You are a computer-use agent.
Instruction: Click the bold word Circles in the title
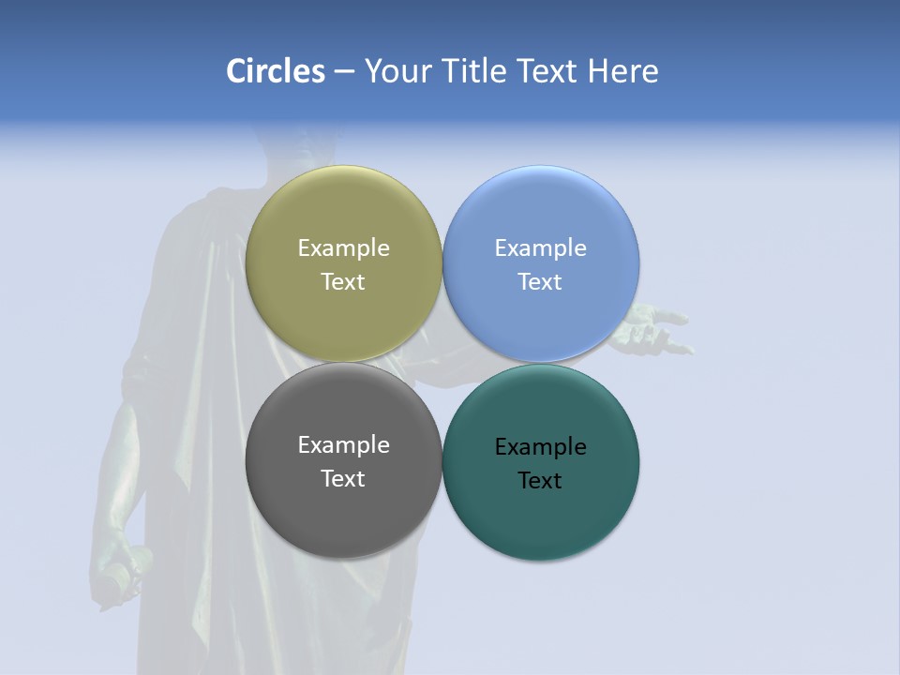[x=276, y=71]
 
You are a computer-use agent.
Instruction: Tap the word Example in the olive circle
[x=343, y=248]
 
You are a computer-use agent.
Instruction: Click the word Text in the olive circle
[x=343, y=282]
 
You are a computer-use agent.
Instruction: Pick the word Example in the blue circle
[x=540, y=248]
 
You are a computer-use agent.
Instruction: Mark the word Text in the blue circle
[x=540, y=282]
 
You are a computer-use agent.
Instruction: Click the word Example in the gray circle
[x=343, y=445]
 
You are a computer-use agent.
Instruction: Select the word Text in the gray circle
[x=343, y=479]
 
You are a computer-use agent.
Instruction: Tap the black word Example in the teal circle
[x=540, y=447]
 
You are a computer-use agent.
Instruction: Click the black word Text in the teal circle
[x=540, y=481]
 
